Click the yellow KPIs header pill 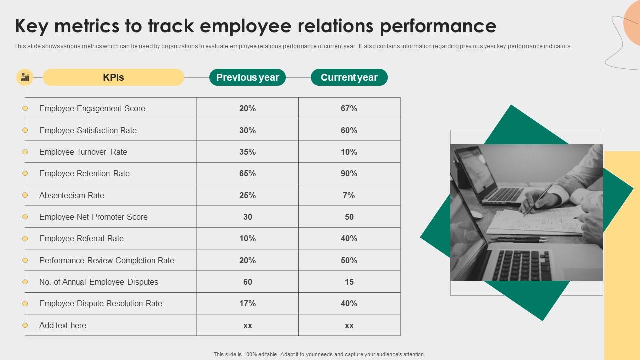113,77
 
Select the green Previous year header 247,77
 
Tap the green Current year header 349,77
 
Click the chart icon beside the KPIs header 25,77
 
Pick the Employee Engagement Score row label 92,108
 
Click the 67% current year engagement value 349,108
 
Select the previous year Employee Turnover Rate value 247,152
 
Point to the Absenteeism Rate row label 72,195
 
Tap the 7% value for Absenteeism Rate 349,195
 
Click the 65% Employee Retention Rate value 247,173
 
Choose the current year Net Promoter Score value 349,217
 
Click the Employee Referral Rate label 81,238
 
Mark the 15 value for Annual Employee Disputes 349,282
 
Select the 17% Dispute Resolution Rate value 247,303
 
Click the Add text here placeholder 63,325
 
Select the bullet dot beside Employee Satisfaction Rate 25,130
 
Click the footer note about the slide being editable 319,354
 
